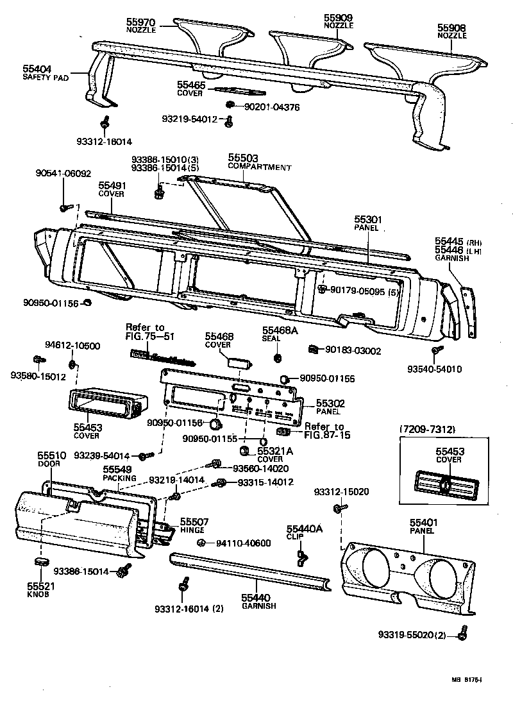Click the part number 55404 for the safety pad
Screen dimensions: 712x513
pos(37,68)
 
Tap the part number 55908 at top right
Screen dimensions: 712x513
pos(452,28)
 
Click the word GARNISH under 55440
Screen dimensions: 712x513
pos(258,606)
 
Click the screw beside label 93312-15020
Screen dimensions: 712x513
pos(337,508)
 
